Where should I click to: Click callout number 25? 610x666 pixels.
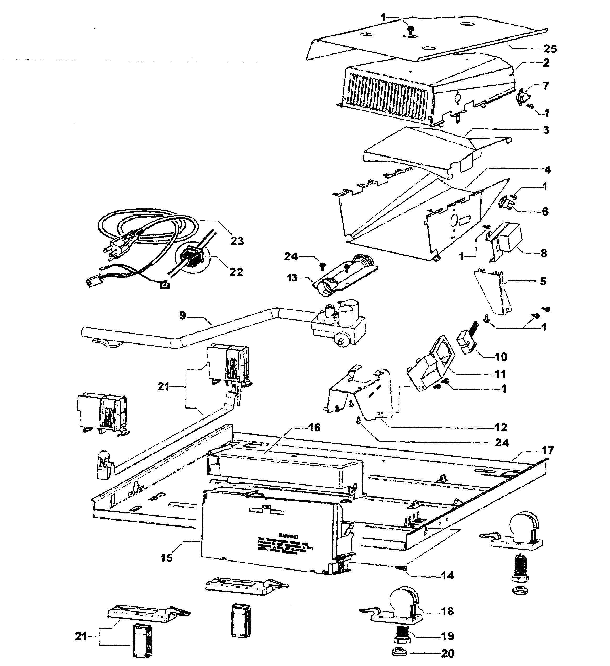[550, 49]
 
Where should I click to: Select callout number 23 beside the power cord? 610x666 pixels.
[237, 241]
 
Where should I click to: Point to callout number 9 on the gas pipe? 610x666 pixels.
[182, 315]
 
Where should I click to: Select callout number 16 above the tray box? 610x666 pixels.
[314, 427]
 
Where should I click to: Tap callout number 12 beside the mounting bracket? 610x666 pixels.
[501, 427]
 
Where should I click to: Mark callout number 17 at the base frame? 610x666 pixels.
[548, 450]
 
